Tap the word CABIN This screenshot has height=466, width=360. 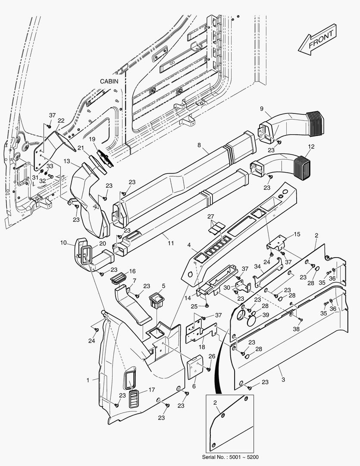pyautogui.click(x=110, y=81)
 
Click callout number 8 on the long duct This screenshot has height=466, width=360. pyautogui.click(x=199, y=145)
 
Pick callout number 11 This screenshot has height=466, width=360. pyautogui.click(x=171, y=243)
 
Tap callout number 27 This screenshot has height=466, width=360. pyautogui.click(x=210, y=216)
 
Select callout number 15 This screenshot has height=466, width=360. pyautogui.click(x=297, y=234)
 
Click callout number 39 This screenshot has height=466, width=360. pyautogui.click(x=266, y=315)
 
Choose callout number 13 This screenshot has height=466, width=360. pyautogui.click(x=67, y=161)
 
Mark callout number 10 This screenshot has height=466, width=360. pyautogui.click(x=63, y=243)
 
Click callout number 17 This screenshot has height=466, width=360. pyautogui.click(x=152, y=390)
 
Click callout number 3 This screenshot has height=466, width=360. pyautogui.click(x=283, y=368)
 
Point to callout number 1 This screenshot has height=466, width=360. pyautogui.click(x=88, y=380)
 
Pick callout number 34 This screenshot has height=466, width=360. pyautogui.click(x=257, y=267)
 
